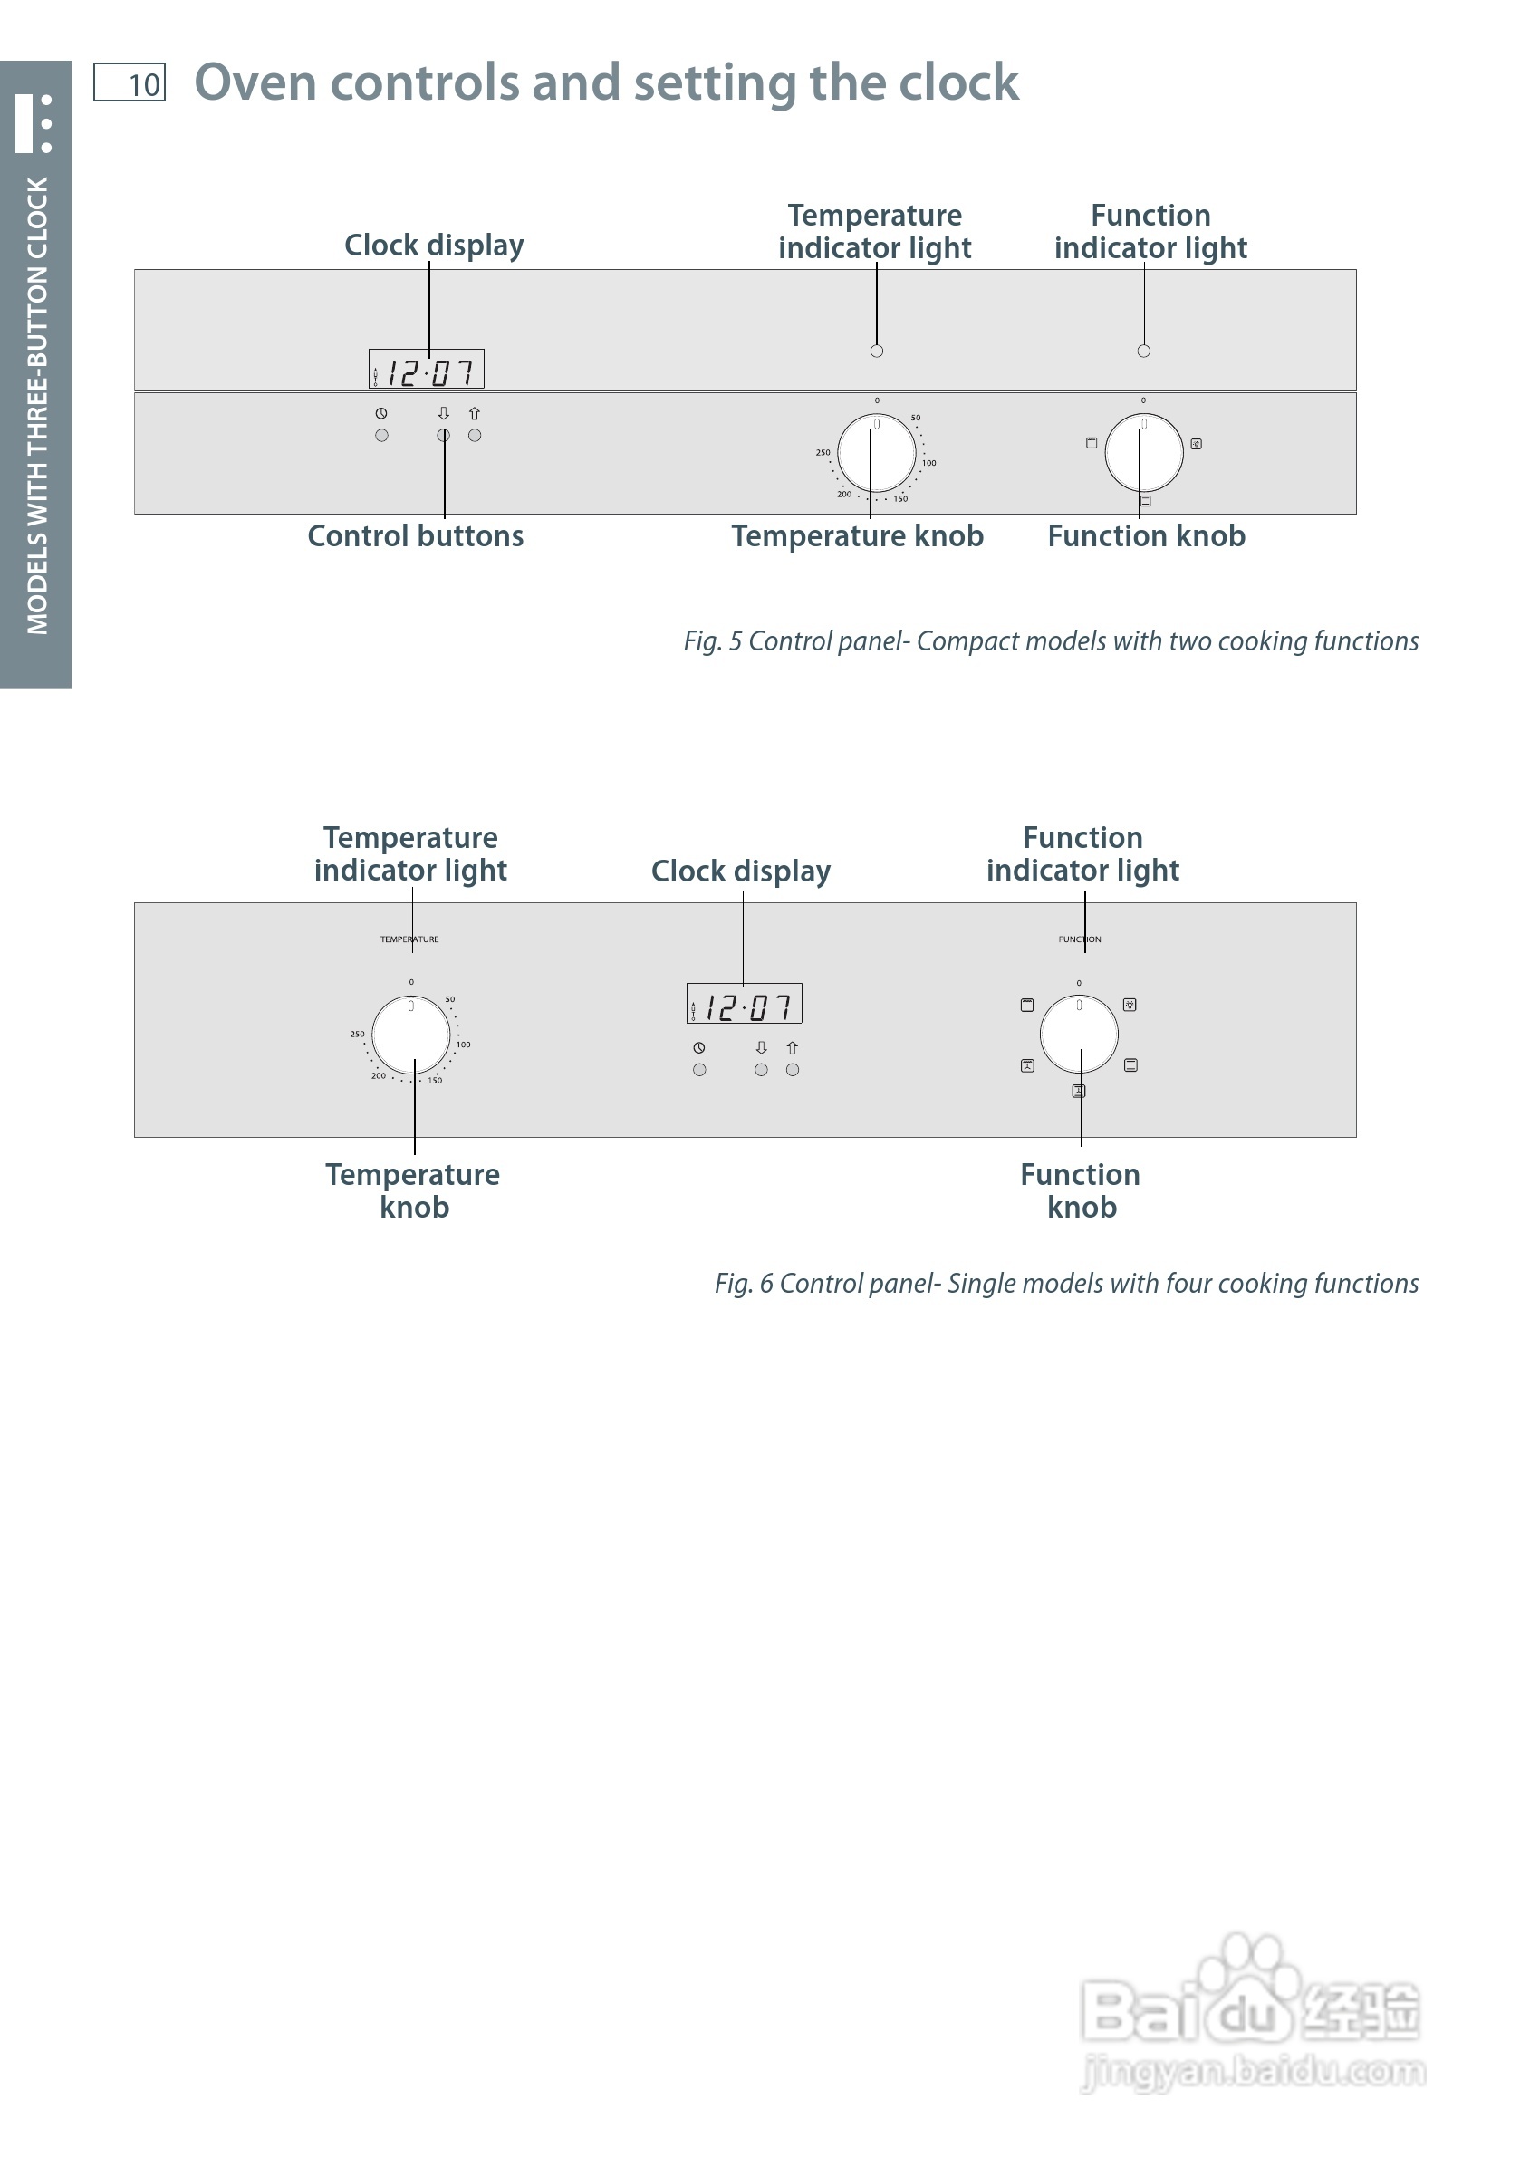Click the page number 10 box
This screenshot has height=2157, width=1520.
click(130, 82)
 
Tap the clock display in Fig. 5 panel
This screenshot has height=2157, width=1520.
click(427, 370)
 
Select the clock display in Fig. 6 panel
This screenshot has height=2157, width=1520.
click(744, 1004)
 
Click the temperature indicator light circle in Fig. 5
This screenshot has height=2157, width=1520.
click(877, 351)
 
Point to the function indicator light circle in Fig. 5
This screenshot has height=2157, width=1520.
click(1143, 351)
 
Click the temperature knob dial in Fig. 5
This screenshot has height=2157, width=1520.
click(877, 453)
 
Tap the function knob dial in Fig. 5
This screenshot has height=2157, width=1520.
click(1143, 452)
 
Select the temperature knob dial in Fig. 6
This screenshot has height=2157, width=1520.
click(410, 1035)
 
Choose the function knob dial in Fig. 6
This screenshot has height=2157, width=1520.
click(1079, 1035)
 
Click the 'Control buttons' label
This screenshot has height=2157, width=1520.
click(415, 536)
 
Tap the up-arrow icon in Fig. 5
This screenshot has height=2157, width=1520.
click(475, 413)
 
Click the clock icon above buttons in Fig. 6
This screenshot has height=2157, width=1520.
click(699, 1047)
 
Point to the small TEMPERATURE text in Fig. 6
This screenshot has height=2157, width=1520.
click(409, 939)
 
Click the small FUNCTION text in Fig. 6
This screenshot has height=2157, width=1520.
click(1080, 939)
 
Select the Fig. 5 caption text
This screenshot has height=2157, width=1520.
click(1050, 641)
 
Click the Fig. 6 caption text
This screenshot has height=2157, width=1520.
click(1066, 1284)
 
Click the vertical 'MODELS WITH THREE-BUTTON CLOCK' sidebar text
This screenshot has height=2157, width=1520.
click(36, 404)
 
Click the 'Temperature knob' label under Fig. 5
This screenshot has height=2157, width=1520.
click(857, 536)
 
